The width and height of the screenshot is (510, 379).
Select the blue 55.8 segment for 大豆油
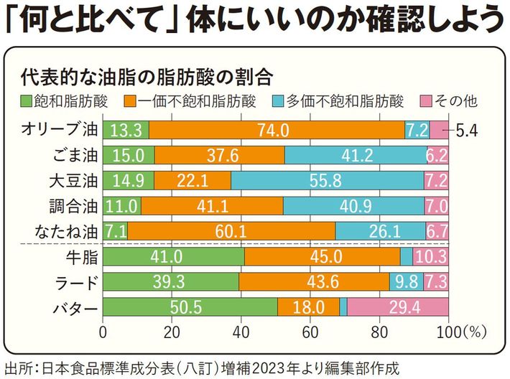[x=328, y=180]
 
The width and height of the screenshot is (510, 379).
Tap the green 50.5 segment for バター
[x=190, y=307]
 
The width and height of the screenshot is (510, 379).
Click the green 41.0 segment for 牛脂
[x=174, y=256]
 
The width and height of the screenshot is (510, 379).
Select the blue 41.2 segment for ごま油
[x=355, y=155]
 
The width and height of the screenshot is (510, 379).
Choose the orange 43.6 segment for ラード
[x=314, y=281]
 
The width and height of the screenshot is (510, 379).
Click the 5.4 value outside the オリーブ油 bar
[x=471, y=130]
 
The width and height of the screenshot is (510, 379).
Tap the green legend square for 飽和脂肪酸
[x=26, y=100]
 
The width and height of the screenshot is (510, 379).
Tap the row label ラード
[x=74, y=281]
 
